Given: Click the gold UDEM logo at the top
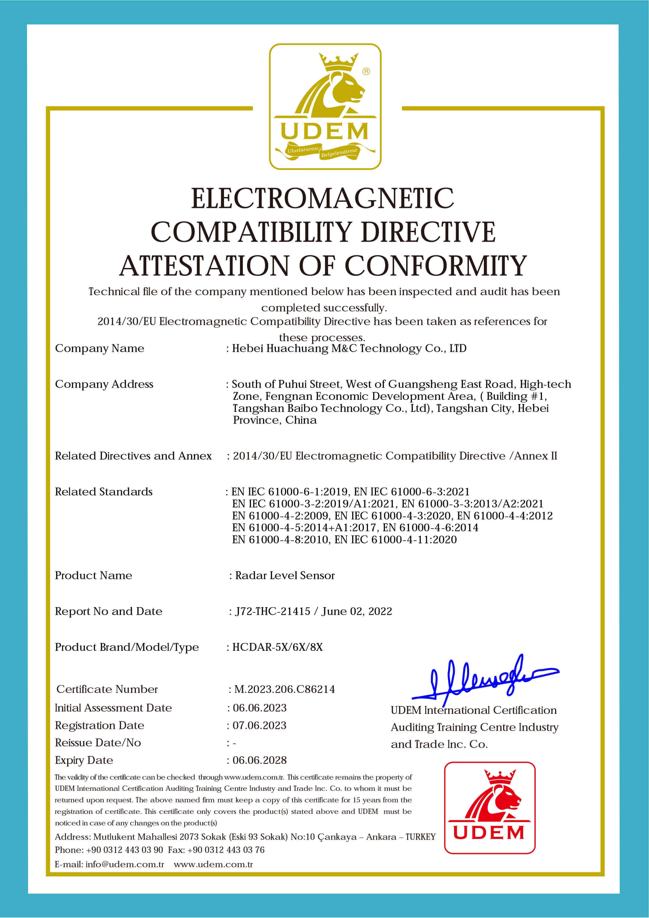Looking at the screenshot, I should (325, 107).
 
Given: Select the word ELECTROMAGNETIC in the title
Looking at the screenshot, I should (322, 199).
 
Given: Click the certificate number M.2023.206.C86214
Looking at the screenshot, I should (284, 689).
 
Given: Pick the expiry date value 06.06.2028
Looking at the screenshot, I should (260, 760).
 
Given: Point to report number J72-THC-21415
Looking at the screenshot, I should (273, 611).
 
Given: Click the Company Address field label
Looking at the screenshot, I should (104, 384).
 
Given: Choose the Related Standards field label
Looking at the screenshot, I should (104, 491).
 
